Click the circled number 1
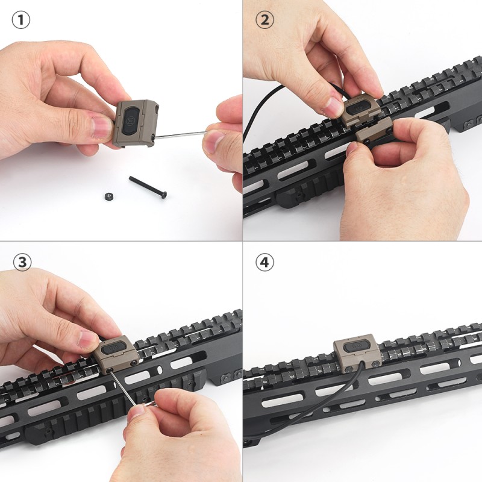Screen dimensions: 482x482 [x=21, y=20]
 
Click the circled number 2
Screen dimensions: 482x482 [x=264, y=20]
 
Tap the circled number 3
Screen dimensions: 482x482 [x=22, y=262]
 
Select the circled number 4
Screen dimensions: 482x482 [x=264, y=262]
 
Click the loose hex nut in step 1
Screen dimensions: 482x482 [x=108, y=196]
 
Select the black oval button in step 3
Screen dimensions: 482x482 [x=113, y=348]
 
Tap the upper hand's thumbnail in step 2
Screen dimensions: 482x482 [x=333, y=107]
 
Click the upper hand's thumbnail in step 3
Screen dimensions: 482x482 [x=89, y=339]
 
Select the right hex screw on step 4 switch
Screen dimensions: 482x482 [x=375, y=364]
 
